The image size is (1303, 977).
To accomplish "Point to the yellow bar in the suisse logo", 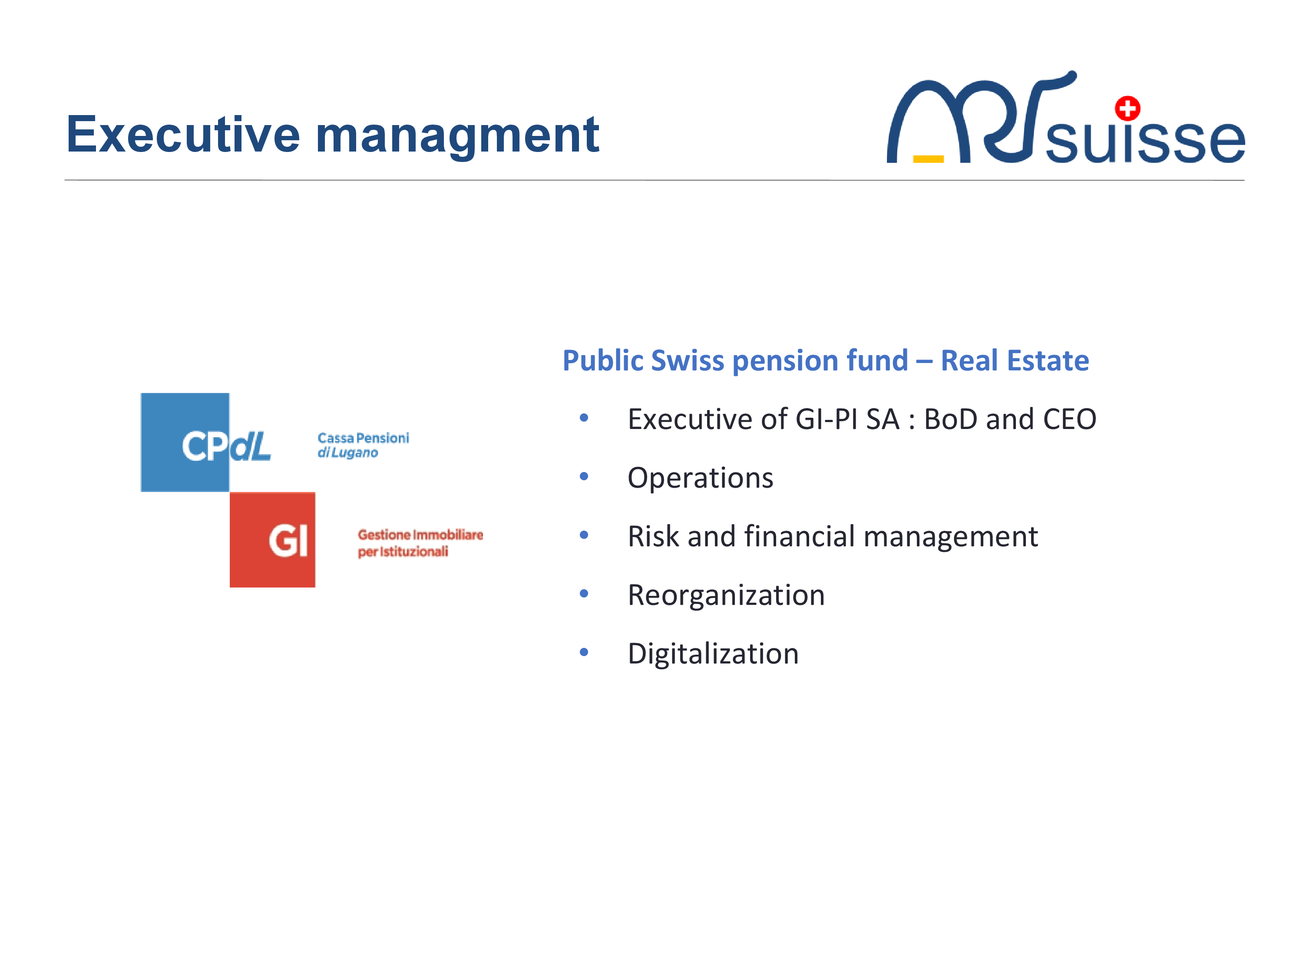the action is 928,158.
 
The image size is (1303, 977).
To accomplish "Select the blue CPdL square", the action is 185,442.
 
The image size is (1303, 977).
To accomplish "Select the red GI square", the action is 272,539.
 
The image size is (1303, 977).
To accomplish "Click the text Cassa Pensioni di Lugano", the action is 363,445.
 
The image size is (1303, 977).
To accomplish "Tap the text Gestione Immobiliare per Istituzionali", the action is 420,543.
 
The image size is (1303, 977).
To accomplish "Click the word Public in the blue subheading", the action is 603,361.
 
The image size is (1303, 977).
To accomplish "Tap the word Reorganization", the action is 726,595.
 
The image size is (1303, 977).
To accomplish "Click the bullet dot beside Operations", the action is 584,476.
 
